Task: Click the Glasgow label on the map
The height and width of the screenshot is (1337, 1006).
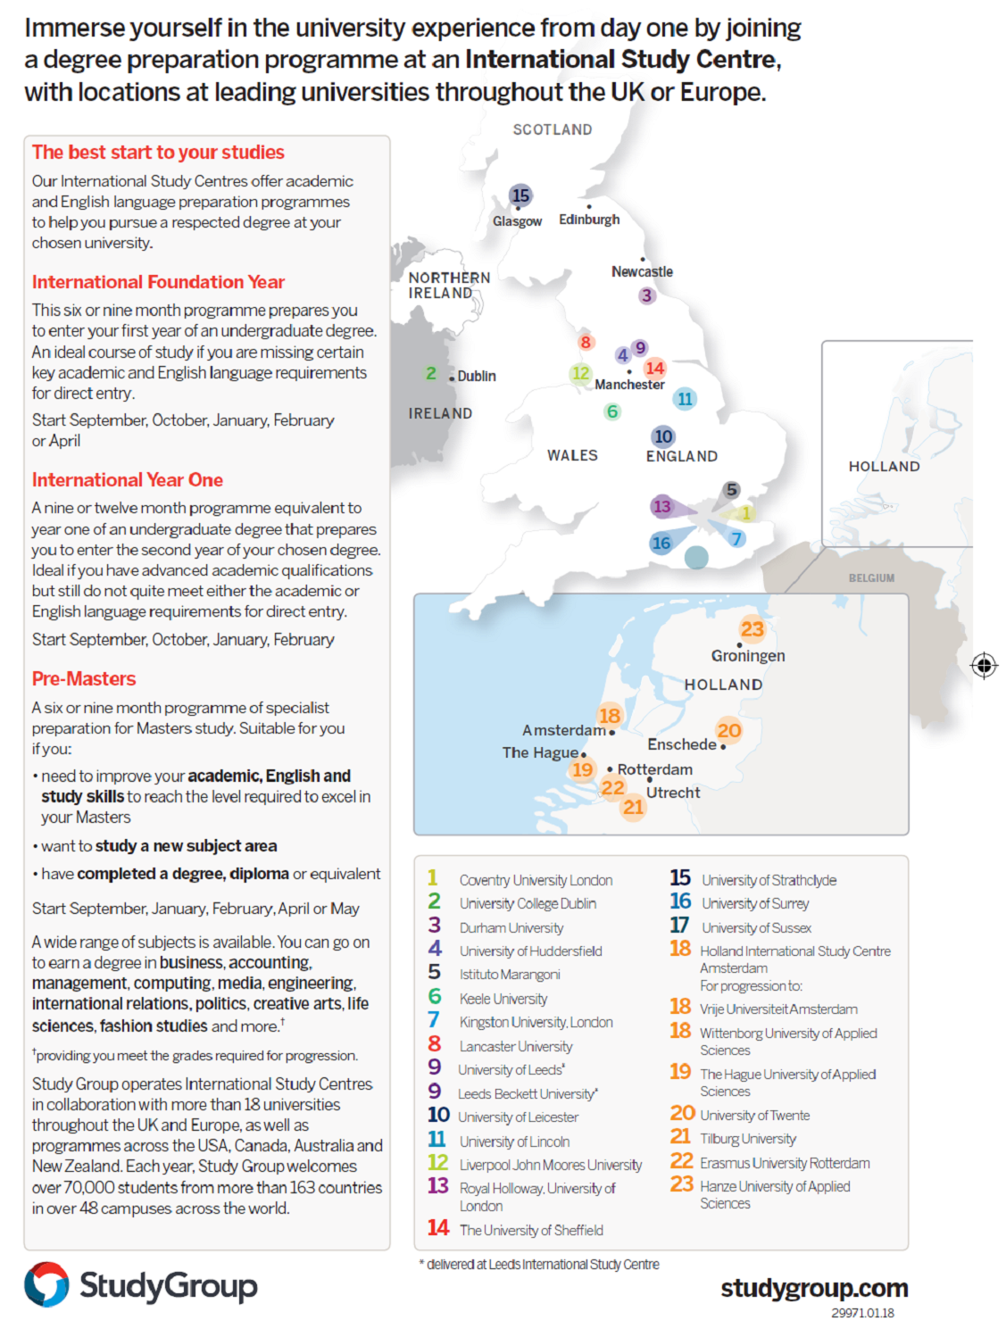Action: tap(517, 221)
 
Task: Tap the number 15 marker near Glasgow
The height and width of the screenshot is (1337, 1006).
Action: tap(520, 195)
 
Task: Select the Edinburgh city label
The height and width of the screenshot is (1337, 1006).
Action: tap(589, 220)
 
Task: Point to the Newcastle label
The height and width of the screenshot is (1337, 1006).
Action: tap(642, 271)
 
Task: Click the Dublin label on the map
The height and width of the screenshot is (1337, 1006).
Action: tap(477, 377)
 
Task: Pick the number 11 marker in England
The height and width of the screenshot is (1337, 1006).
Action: tap(685, 399)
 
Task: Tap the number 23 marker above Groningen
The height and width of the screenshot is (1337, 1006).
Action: tap(752, 629)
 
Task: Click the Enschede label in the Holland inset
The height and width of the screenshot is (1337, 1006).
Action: tap(682, 744)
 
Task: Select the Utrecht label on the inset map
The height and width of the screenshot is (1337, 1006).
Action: tap(673, 793)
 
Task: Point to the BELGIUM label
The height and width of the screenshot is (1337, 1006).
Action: tap(871, 578)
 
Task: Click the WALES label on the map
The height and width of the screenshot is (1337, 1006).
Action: tap(572, 455)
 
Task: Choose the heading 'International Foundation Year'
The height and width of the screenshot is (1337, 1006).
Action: tap(158, 282)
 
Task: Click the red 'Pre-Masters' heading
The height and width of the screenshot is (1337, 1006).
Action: tap(84, 679)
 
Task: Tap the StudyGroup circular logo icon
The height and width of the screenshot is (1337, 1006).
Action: tap(46, 1284)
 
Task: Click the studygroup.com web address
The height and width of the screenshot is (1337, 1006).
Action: tap(814, 1288)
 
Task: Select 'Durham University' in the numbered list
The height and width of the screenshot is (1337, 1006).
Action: tap(511, 928)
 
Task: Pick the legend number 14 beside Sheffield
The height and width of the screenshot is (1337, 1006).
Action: tap(437, 1228)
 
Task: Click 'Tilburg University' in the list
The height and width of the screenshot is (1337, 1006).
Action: tap(748, 1139)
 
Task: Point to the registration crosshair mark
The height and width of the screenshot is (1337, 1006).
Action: tap(984, 665)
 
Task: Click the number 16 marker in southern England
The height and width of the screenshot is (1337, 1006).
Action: tap(661, 543)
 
